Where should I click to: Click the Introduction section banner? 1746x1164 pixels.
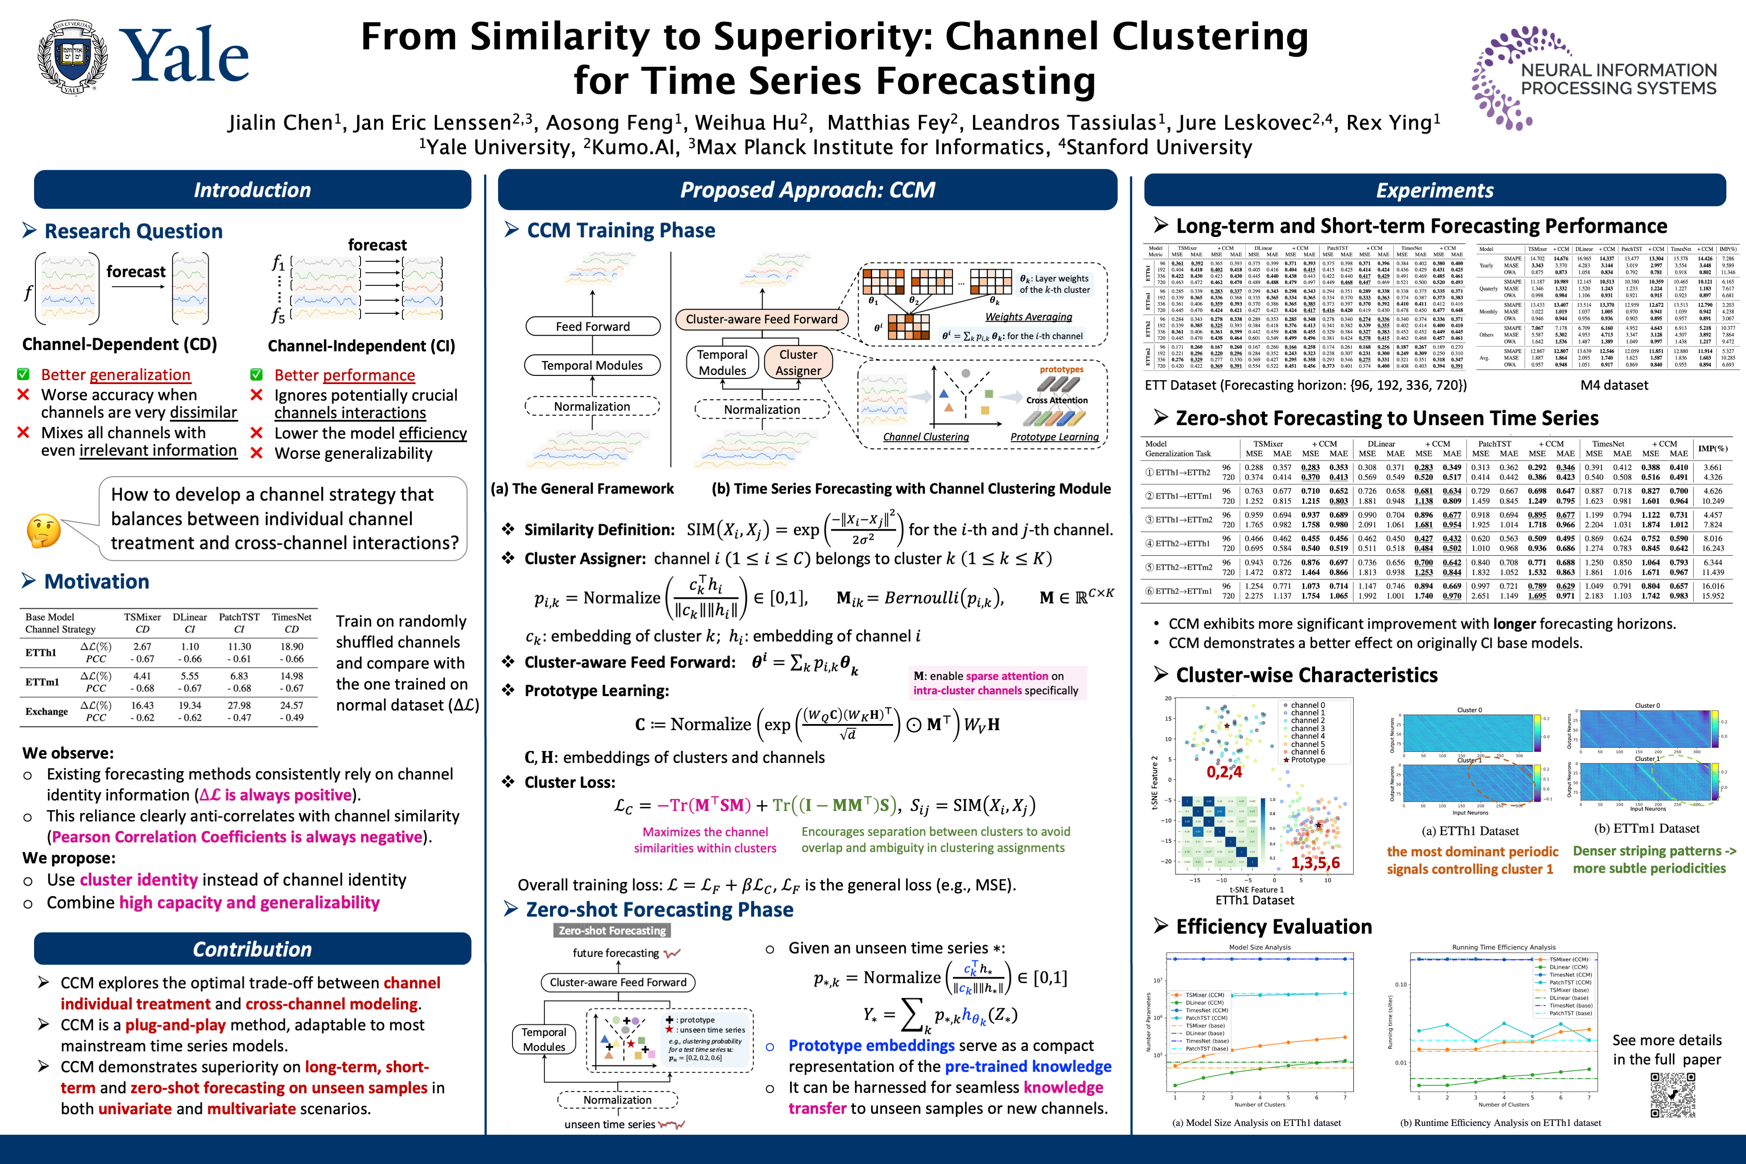pyautogui.click(x=252, y=190)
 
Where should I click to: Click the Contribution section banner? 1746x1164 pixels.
pyautogui.click(x=252, y=949)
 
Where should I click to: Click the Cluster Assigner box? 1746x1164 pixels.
pyautogui.click(x=798, y=362)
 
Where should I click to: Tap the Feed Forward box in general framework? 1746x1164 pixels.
pyautogui.click(x=592, y=326)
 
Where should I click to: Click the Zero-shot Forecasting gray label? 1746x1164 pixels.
pyautogui.click(x=612, y=930)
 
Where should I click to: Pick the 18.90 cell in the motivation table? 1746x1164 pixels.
pyautogui.click(x=292, y=646)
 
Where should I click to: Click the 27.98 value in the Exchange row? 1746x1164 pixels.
pyautogui.click(x=239, y=705)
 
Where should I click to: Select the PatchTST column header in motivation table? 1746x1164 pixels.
pyautogui.click(x=239, y=617)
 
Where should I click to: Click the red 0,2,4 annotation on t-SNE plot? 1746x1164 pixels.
pyautogui.click(x=1224, y=772)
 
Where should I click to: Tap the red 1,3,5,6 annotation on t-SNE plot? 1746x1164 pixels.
pyautogui.click(x=1315, y=862)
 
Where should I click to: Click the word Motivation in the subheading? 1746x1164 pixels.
pyautogui.click(x=96, y=581)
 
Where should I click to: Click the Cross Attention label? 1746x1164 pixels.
pyautogui.click(x=1056, y=400)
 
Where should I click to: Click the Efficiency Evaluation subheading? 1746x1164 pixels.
pyautogui.click(x=1274, y=927)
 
